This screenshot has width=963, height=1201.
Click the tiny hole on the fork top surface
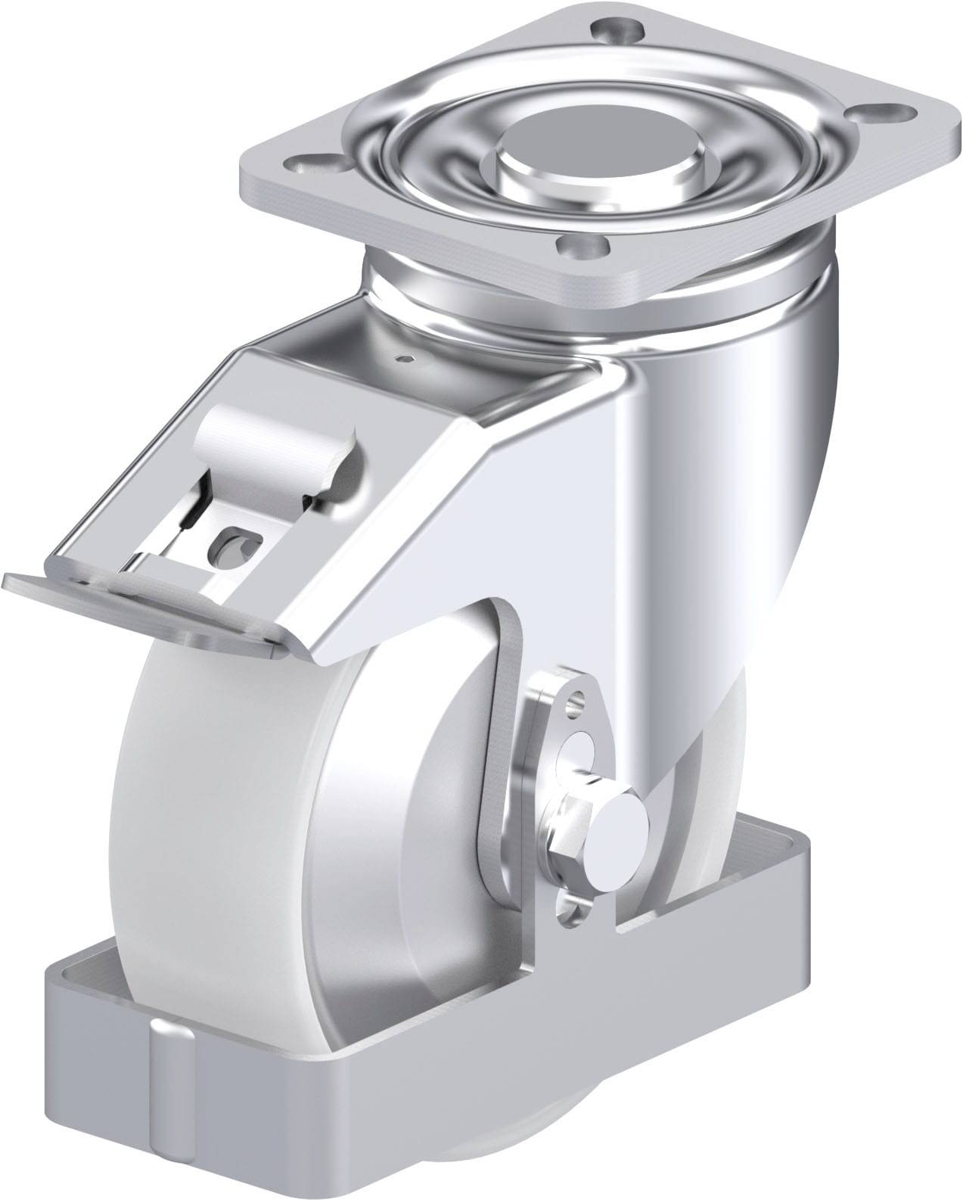point(408,358)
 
